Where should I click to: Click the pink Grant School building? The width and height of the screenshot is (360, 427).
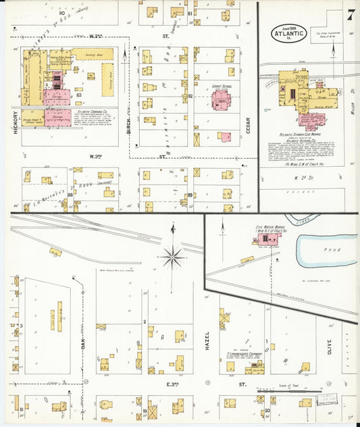pos(222,101)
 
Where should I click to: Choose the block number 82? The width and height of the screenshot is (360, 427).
pos(191,96)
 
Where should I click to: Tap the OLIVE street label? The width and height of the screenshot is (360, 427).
pos(329,347)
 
